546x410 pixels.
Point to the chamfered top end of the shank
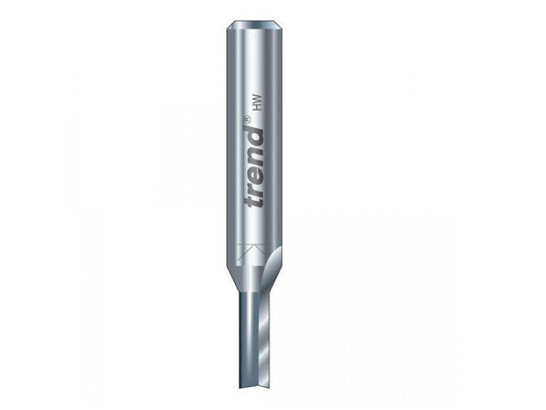pyautogui.click(x=257, y=26)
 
